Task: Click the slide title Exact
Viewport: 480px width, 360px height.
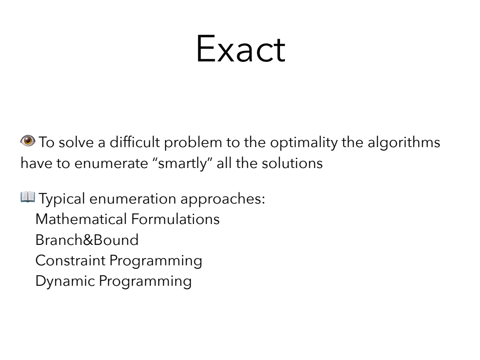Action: tap(240, 49)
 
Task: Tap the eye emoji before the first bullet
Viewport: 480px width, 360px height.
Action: tap(28, 141)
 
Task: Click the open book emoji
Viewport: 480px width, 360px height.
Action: tap(28, 197)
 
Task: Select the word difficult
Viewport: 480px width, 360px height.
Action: tap(135, 142)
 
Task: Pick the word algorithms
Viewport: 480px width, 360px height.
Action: tap(404, 143)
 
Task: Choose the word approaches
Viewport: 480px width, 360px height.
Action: tap(223, 199)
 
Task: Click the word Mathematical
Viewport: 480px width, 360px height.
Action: tap(81, 219)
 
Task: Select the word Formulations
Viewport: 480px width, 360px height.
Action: tap(176, 219)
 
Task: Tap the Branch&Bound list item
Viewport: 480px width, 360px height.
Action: tap(87, 240)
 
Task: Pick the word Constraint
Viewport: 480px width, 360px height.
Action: tap(70, 260)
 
